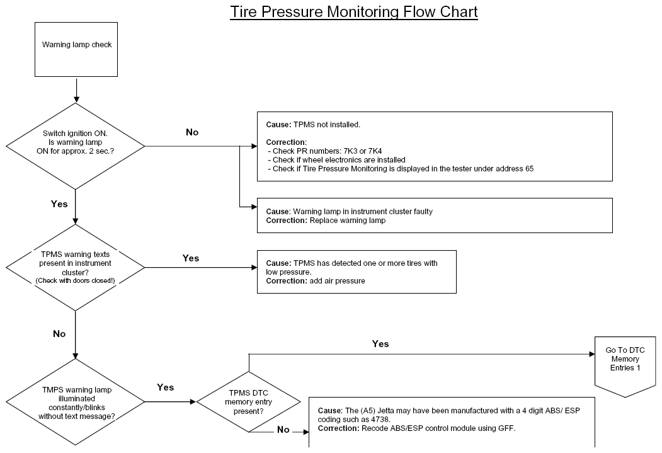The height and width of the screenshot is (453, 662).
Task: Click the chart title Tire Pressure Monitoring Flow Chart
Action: point(354,12)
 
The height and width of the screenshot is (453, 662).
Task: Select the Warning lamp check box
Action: point(76,49)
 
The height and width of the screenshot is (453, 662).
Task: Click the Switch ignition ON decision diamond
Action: point(75,146)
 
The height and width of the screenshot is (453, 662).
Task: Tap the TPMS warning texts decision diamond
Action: point(75,267)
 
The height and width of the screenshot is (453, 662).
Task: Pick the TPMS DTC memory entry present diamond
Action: point(249,401)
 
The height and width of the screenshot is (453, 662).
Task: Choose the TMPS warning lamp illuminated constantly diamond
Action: point(75,402)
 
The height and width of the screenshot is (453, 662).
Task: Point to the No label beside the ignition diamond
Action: point(192,132)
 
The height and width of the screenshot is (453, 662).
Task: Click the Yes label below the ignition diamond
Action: point(59,204)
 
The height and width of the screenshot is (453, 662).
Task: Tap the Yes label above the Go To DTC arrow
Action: point(380,343)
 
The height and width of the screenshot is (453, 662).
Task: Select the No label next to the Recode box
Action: point(283,430)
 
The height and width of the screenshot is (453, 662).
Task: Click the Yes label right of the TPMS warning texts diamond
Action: point(191,258)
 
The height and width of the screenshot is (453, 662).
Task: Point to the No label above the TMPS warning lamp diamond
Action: point(59,334)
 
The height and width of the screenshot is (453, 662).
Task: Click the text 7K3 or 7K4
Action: point(363,151)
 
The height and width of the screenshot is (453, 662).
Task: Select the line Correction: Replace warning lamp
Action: point(326,221)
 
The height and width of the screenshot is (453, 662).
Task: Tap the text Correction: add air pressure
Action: point(316,281)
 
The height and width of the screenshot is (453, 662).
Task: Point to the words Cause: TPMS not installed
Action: point(313,125)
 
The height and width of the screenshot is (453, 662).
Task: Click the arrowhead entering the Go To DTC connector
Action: point(592,354)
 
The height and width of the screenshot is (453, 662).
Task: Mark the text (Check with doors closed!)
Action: point(75,281)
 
